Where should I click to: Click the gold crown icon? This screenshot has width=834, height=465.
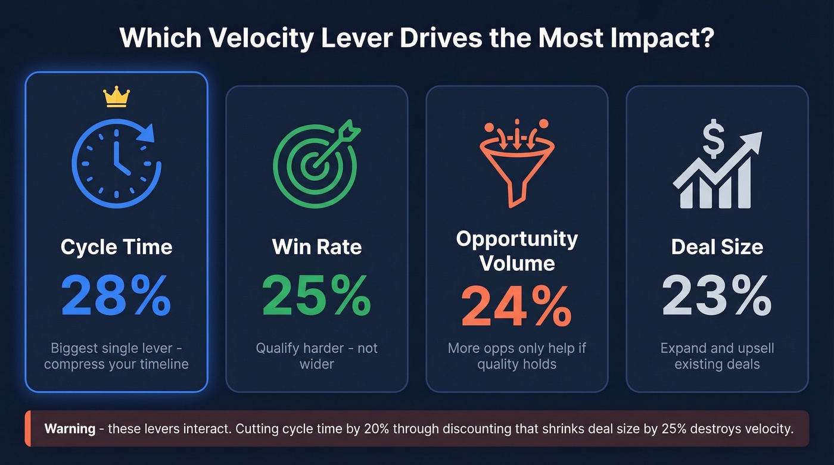116,96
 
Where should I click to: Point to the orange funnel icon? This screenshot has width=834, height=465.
516,162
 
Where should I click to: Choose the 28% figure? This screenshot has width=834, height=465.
116,296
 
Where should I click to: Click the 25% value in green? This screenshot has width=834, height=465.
316,296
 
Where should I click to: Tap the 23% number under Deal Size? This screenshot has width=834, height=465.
717,296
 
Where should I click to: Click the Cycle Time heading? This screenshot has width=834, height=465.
116,247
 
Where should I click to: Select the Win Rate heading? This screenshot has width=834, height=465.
316,247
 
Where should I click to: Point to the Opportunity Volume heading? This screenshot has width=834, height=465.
516,251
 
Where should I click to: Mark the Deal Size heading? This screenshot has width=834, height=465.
717,247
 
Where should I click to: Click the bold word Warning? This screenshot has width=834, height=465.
70,429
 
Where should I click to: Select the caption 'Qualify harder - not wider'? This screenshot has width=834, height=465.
316,355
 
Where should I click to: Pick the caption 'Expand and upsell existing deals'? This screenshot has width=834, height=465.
717,355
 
